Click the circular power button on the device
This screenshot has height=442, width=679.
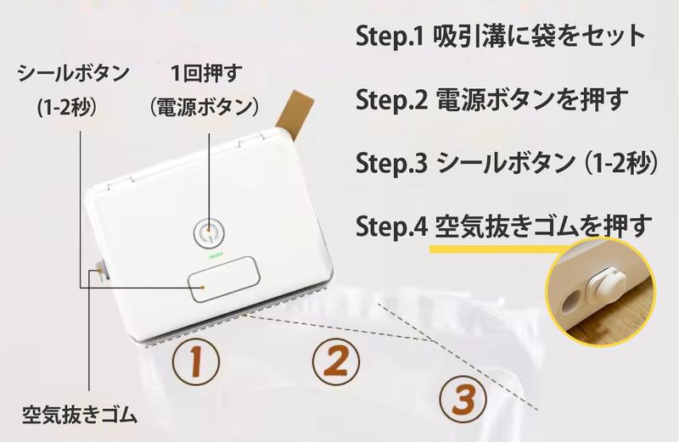[209, 234]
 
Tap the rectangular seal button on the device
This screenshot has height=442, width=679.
[224, 279]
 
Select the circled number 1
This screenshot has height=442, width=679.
[196, 362]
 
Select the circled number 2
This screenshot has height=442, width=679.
[336, 362]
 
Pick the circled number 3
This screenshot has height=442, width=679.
[463, 399]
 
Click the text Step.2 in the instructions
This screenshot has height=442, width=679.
[391, 99]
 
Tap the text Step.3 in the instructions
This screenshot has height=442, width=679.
[391, 163]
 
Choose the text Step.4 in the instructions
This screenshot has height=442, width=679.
[391, 226]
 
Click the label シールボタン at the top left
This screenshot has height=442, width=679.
[73, 73]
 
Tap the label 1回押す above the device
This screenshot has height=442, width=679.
[206, 73]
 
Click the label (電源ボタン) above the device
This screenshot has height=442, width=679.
[205, 107]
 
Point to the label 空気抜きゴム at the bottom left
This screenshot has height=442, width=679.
[80, 415]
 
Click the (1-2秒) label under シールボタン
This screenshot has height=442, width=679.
[66, 108]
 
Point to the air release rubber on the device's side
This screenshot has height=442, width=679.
[101, 271]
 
